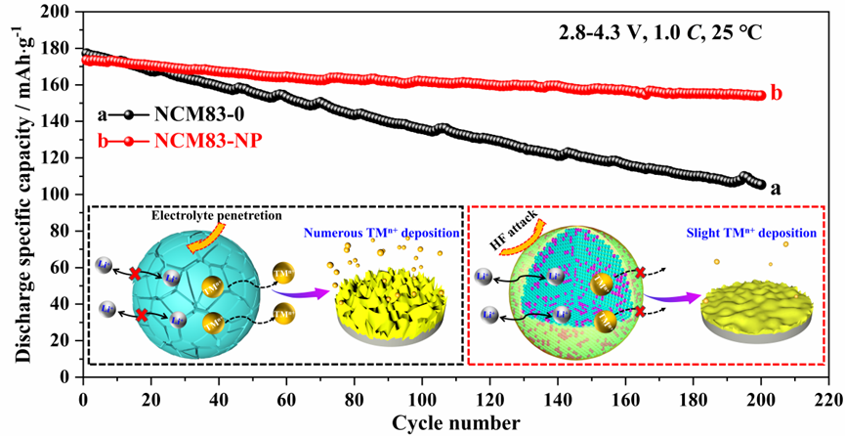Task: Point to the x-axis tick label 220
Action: click(x=827, y=399)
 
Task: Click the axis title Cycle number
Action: click(x=455, y=422)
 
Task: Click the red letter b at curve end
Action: click(x=777, y=94)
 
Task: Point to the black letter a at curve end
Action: click(x=778, y=188)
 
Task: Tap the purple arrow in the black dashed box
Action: click(x=298, y=290)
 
